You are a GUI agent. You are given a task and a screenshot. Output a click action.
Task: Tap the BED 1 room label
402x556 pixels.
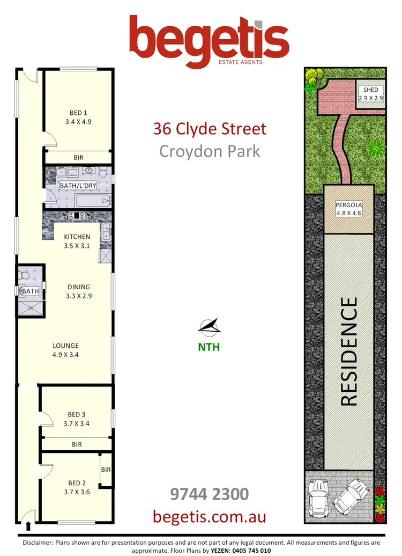78,117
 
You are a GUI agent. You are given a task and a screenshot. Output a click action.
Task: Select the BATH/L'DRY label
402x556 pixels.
79,186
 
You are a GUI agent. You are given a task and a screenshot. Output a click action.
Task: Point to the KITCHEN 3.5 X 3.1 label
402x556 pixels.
77,241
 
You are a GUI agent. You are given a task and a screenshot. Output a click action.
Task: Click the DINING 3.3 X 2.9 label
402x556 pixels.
78,291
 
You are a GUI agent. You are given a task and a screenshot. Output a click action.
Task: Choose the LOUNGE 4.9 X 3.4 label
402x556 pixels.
65,350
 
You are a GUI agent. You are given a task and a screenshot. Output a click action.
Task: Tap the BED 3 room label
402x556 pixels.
77,419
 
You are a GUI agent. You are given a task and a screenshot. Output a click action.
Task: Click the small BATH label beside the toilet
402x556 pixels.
30,291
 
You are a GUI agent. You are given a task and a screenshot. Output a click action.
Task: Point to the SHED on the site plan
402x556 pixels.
370,94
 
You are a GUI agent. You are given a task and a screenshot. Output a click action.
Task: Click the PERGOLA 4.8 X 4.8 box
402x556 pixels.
349,209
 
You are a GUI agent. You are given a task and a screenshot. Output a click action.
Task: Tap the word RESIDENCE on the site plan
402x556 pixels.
349,352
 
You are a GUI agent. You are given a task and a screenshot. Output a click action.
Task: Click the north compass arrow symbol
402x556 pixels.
209,326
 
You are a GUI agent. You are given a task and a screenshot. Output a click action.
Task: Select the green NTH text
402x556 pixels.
209,347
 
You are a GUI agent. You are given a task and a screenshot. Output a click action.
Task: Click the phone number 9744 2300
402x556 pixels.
209,494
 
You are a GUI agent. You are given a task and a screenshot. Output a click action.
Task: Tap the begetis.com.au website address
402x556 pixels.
209,516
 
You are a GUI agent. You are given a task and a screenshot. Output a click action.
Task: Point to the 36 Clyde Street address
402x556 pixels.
209,129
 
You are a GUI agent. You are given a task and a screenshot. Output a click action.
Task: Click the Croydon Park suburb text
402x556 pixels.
209,151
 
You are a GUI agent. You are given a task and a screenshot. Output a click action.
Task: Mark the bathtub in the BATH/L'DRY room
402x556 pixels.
93,202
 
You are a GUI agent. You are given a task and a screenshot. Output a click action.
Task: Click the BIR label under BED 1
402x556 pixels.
78,158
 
